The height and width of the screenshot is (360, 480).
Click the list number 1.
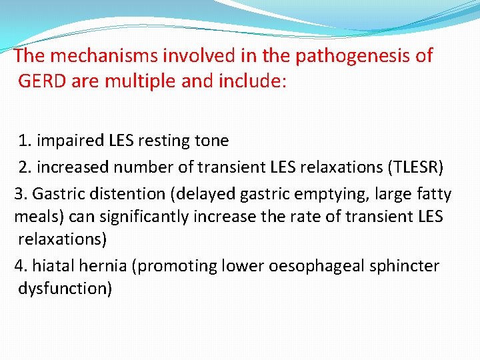tap(24, 141)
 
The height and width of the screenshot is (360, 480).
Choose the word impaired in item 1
tap(66, 141)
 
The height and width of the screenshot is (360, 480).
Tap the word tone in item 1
tap(212, 141)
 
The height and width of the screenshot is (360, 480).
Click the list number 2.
tap(24, 167)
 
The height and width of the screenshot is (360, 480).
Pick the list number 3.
tap(20, 194)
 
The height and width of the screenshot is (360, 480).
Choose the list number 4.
tap(20, 266)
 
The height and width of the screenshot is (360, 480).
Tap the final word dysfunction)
tap(65, 289)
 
